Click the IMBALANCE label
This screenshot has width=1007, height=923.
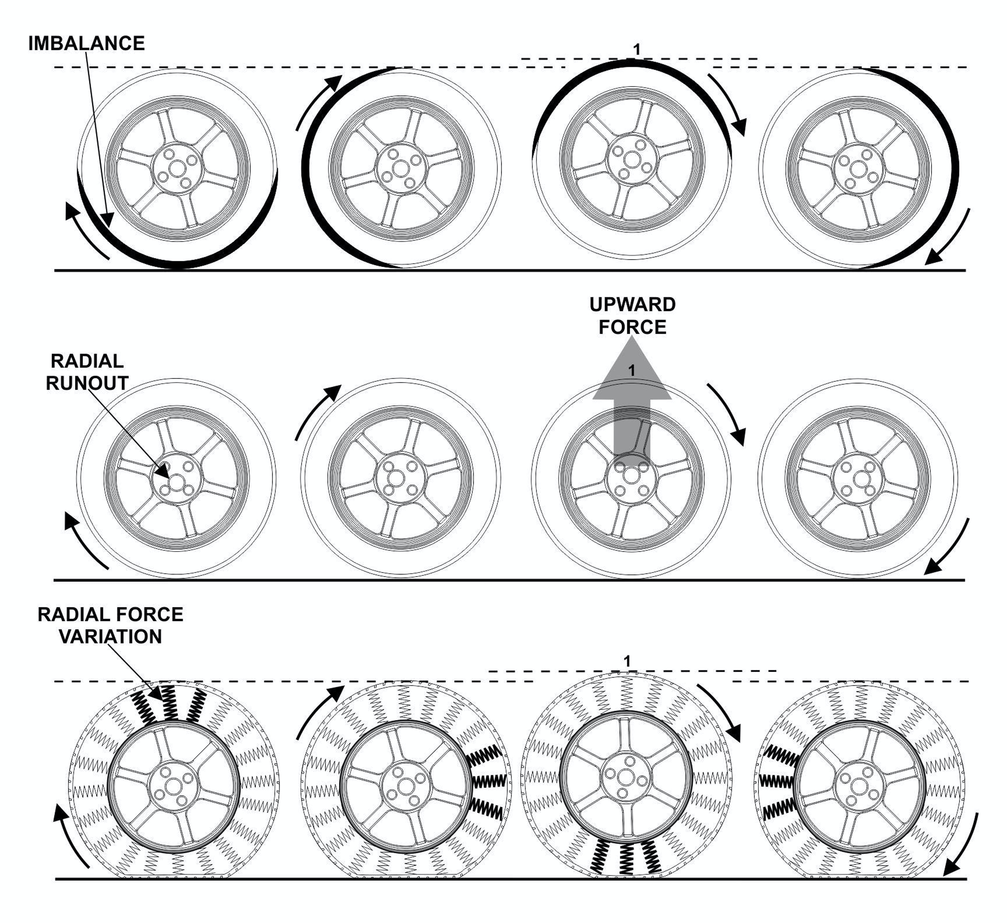pos(86,44)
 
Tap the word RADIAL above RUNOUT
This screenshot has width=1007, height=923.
pos(87,361)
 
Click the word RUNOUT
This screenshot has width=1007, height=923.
pos(87,383)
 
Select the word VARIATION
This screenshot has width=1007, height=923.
pos(110,637)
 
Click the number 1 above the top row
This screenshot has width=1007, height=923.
pos(636,50)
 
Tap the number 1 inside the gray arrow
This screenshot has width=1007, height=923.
pos(632,371)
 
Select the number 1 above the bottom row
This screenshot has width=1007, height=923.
pos(627,661)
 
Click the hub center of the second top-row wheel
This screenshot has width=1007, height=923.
pos(400,168)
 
